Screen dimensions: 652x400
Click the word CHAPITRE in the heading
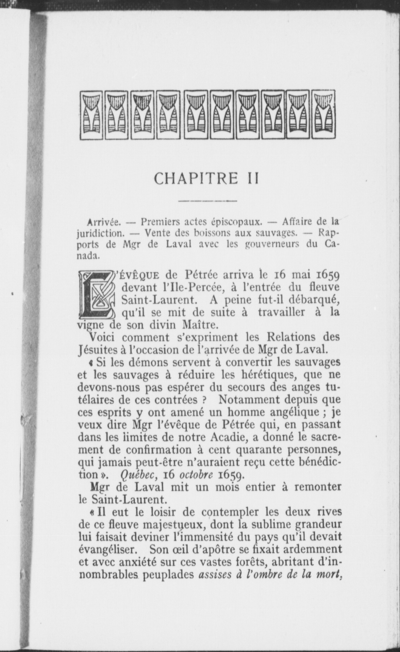(x=196, y=179)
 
